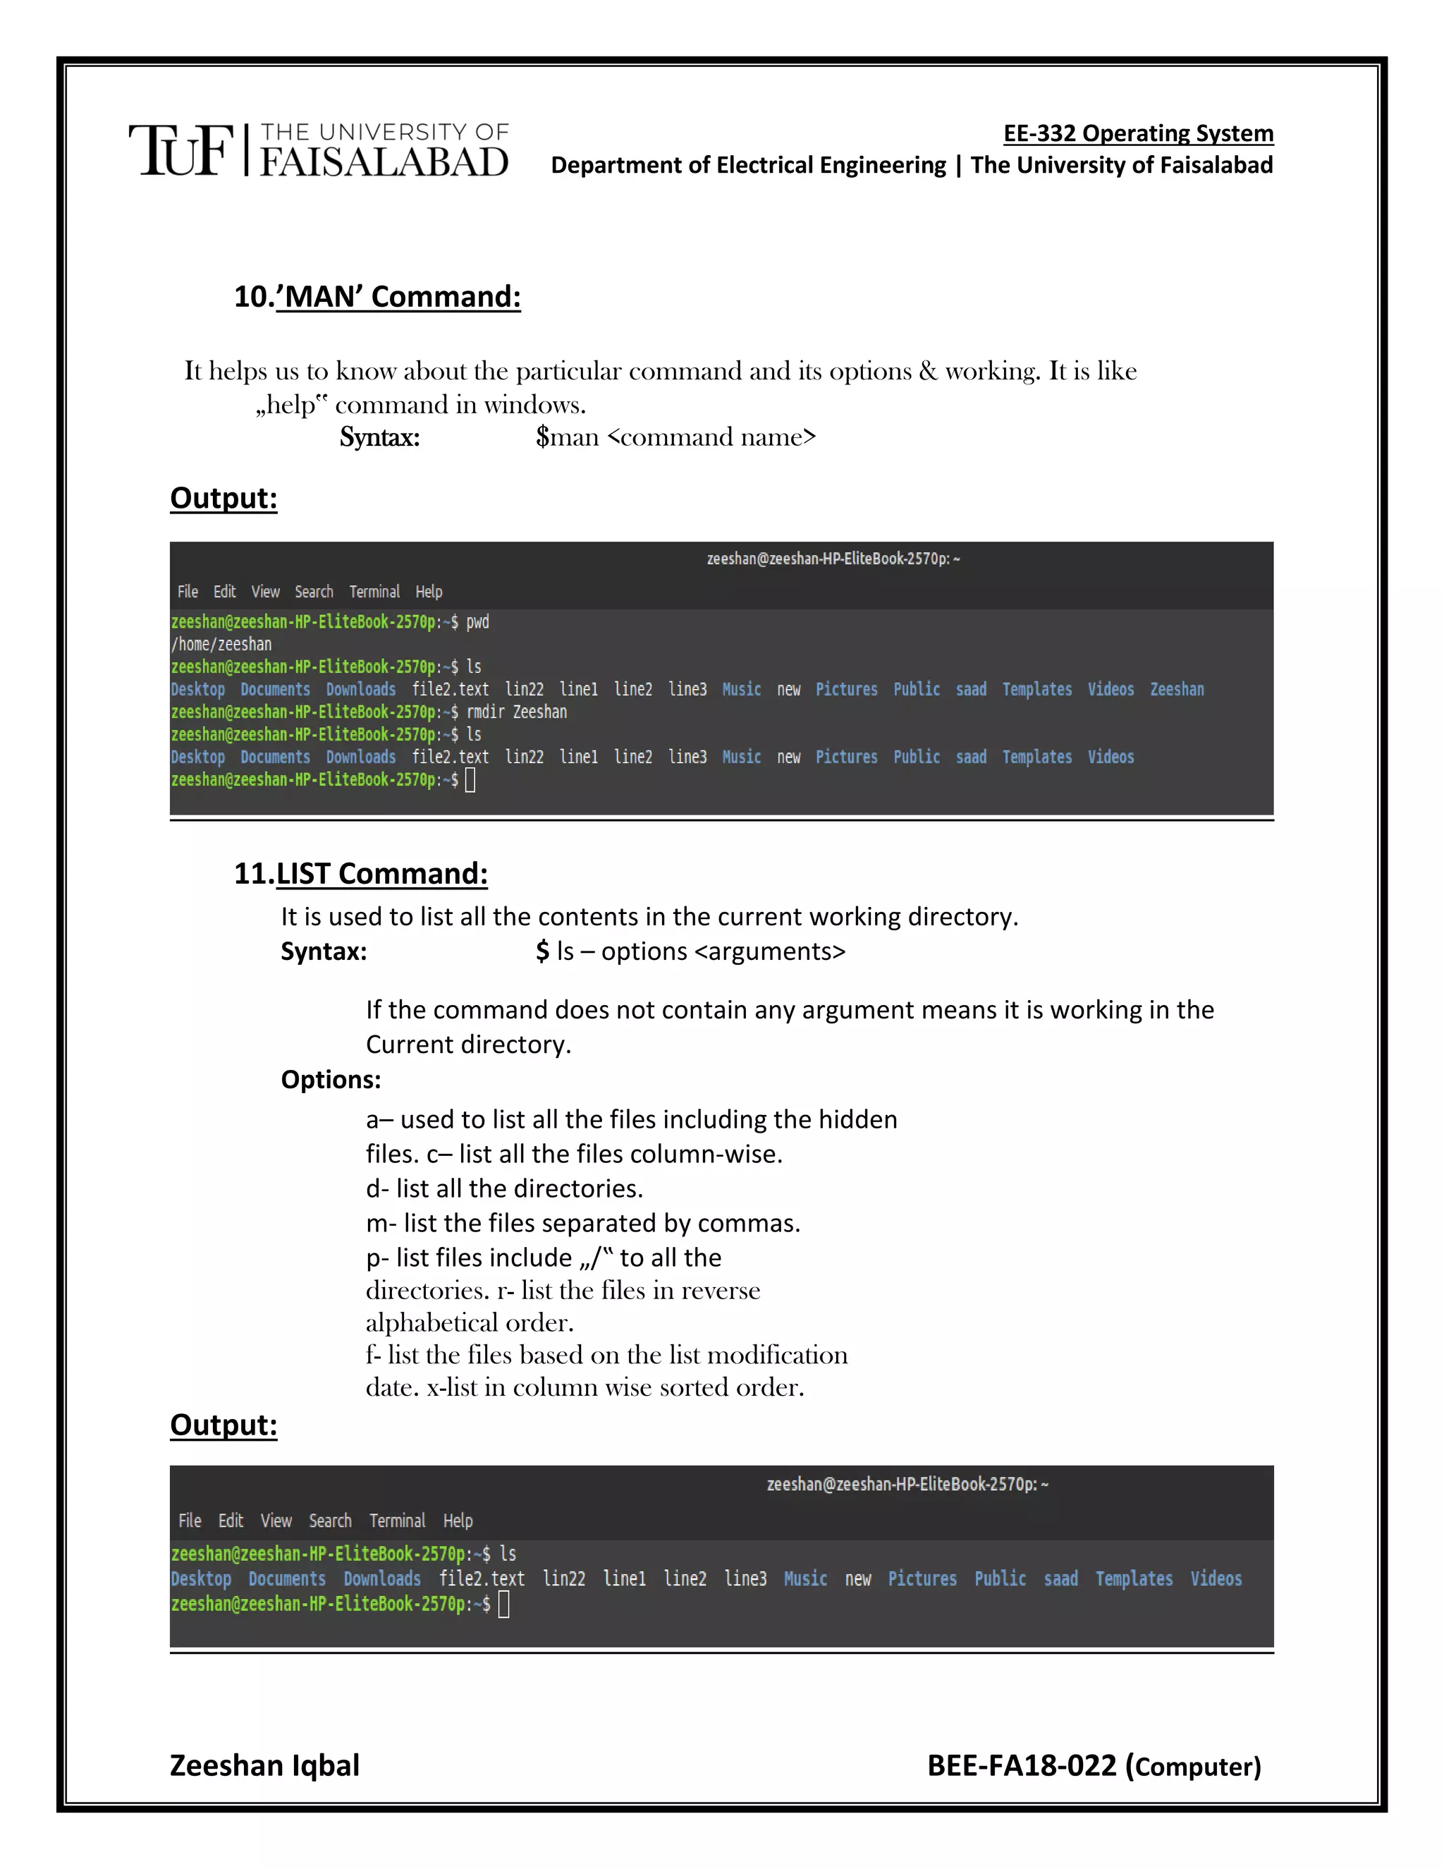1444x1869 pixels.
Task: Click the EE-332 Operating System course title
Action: [1138, 133]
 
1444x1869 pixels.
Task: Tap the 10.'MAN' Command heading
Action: [377, 297]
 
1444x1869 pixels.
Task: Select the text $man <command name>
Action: [675, 437]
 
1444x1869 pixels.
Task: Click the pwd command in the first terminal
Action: [477, 622]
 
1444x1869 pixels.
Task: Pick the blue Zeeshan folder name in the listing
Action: [1176, 690]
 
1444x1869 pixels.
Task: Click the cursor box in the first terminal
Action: [470, 779]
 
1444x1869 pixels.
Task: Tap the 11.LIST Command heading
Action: [361, 874]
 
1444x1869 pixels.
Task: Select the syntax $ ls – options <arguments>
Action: [690, 951]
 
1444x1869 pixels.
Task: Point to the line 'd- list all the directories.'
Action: [504, 1188]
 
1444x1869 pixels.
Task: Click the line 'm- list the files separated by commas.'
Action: [582, 1224]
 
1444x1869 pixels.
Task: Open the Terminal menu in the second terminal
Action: [397, 1521]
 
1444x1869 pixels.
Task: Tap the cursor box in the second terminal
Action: [504, 1605]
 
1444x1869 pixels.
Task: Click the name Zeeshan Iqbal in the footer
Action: [264, 1765]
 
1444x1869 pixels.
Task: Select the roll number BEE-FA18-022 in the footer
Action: [1022, 1765]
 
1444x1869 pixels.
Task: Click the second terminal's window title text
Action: [907, 1485]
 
